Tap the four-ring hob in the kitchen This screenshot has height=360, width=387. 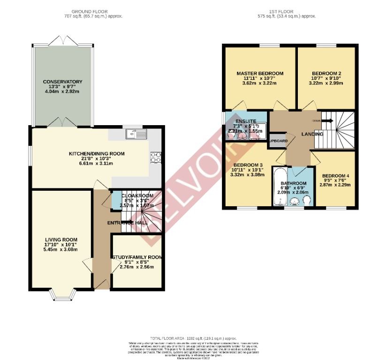(x=155, y=157)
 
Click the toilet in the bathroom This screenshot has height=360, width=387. (x=307, y=201)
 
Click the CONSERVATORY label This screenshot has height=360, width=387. (x=62, y=82)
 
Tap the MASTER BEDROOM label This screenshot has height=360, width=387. (x=260, y=74)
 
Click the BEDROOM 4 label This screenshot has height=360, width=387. (x=335, y=175)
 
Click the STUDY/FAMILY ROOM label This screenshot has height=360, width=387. (x=137, y=257)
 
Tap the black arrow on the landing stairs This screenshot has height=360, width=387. (x=328, y=121)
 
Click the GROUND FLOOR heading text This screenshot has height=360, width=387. (x=89, y=11)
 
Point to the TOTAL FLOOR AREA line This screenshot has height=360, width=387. (x=193, y=338)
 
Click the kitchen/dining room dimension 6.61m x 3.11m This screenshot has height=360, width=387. (x=97, y=164)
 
